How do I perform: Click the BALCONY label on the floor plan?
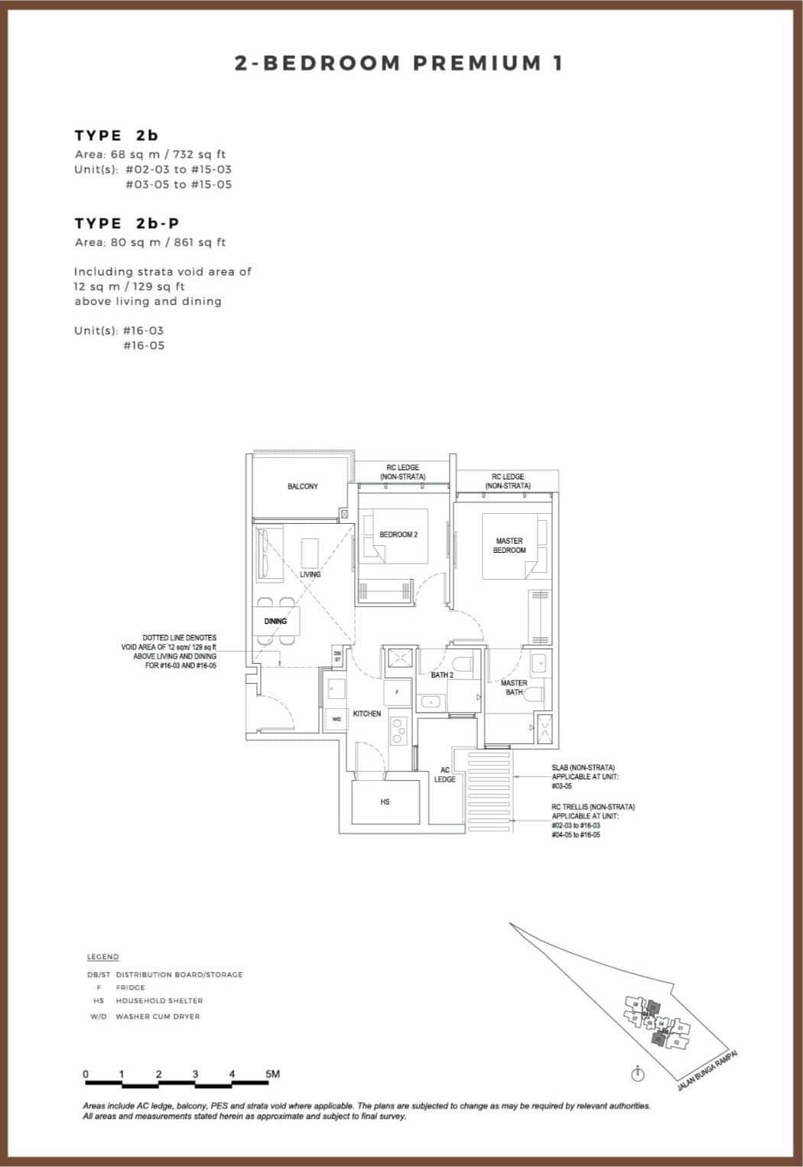303,486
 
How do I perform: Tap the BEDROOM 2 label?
398,535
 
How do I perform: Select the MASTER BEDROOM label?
509,545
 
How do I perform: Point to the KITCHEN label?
367,714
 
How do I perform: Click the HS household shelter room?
385,801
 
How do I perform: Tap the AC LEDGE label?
444,775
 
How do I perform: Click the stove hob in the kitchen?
398,730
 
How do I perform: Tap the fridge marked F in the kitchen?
396,691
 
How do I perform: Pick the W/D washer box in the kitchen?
336,718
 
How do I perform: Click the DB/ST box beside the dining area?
337,656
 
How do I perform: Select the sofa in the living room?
265,553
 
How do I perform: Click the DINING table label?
275,621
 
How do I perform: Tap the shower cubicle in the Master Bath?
545,728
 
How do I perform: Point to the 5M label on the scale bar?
272,1074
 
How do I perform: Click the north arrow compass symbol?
638,1074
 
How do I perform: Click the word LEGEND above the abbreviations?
102,957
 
